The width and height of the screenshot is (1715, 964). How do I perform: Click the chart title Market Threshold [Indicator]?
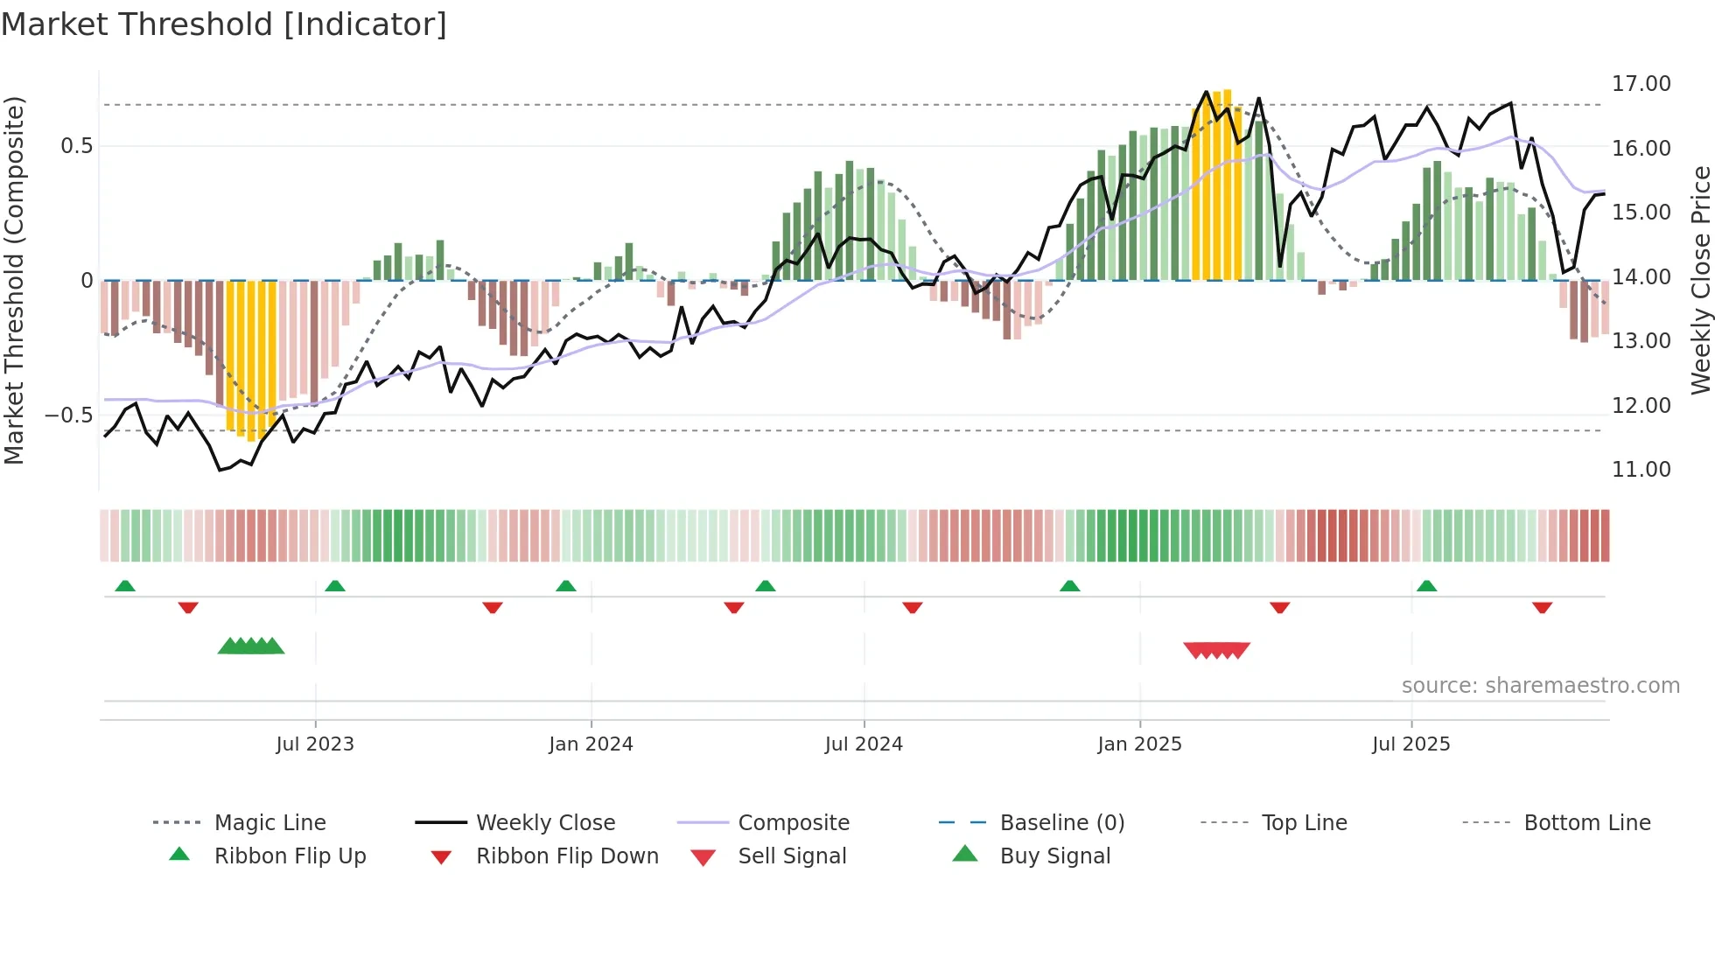coord(224,24)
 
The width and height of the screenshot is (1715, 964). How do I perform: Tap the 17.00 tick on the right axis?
coord(1641,84)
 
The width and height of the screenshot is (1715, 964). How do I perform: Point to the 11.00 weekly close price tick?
coord(1641,470)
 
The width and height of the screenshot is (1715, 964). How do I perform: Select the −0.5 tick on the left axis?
coord(69,415)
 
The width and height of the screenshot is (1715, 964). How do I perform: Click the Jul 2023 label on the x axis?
coord(315,744)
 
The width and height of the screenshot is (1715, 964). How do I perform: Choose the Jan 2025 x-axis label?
coord(1139,744)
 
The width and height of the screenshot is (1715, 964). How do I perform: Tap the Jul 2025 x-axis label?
coord(1410,744)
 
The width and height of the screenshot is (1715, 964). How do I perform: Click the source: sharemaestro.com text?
coord(1540,686)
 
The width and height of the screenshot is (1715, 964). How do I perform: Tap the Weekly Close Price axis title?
coord(1700,280)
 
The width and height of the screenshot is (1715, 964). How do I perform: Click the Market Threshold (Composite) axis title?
coord(14,280)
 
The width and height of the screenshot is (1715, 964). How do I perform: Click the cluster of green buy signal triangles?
coord(251,646)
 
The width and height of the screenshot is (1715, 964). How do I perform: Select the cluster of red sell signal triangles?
coord(1216,650)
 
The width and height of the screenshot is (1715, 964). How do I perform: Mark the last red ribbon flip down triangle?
coord(1542,607)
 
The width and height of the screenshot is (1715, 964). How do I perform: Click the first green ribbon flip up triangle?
coord(125,586)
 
